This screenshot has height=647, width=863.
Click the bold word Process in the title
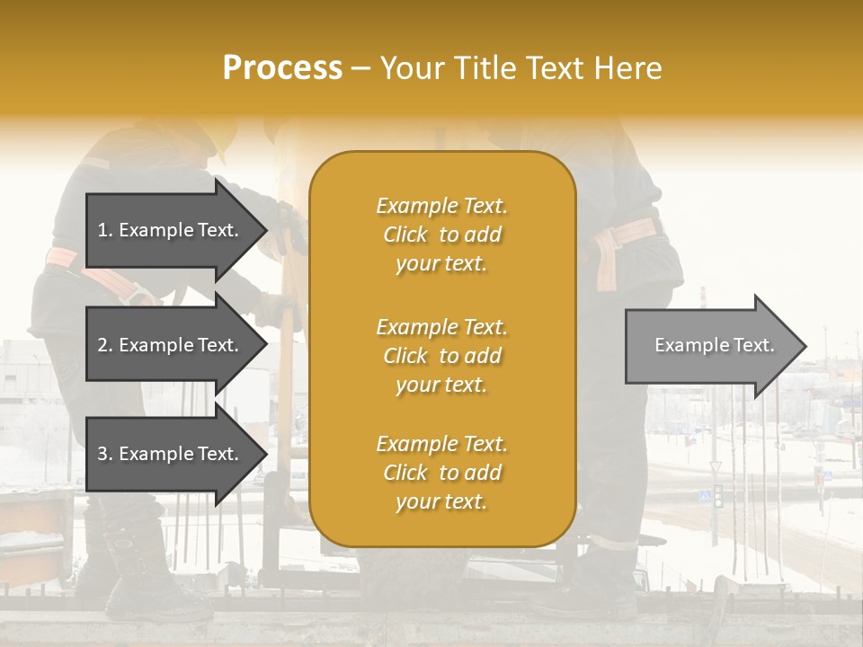[282, 67]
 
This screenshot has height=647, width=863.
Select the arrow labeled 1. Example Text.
[171, 230]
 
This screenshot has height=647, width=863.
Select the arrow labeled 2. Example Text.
[171, 345]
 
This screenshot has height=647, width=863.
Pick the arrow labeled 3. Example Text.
[171, 454]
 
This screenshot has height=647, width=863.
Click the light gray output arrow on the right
[710, 346]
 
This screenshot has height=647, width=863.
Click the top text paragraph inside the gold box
[441, 235]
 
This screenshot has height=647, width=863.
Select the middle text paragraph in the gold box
[441, 356]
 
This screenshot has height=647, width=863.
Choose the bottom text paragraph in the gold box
[441, 473]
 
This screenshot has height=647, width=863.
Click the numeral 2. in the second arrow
[105, 345]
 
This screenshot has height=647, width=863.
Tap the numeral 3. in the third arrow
[105, 454]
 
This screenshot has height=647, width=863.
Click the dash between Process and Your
[360, 68]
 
